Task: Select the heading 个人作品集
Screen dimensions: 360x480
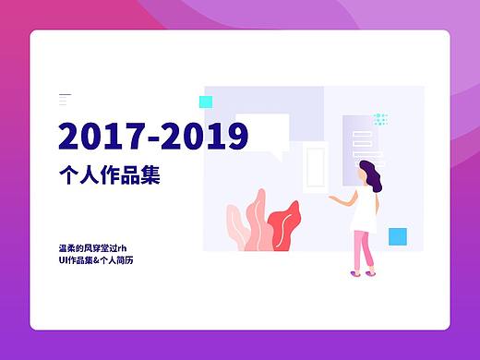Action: [109, 174]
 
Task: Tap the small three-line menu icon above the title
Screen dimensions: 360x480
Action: [65, 98]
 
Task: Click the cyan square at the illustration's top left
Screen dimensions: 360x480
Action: [206, 102]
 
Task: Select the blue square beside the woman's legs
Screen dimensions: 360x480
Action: [398, 235]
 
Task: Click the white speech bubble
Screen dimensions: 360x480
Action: [263, 132]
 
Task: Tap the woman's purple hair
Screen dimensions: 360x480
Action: [370, 174]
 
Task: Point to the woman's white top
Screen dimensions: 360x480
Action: [368, 210]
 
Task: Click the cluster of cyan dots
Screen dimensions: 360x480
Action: [379, 119]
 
